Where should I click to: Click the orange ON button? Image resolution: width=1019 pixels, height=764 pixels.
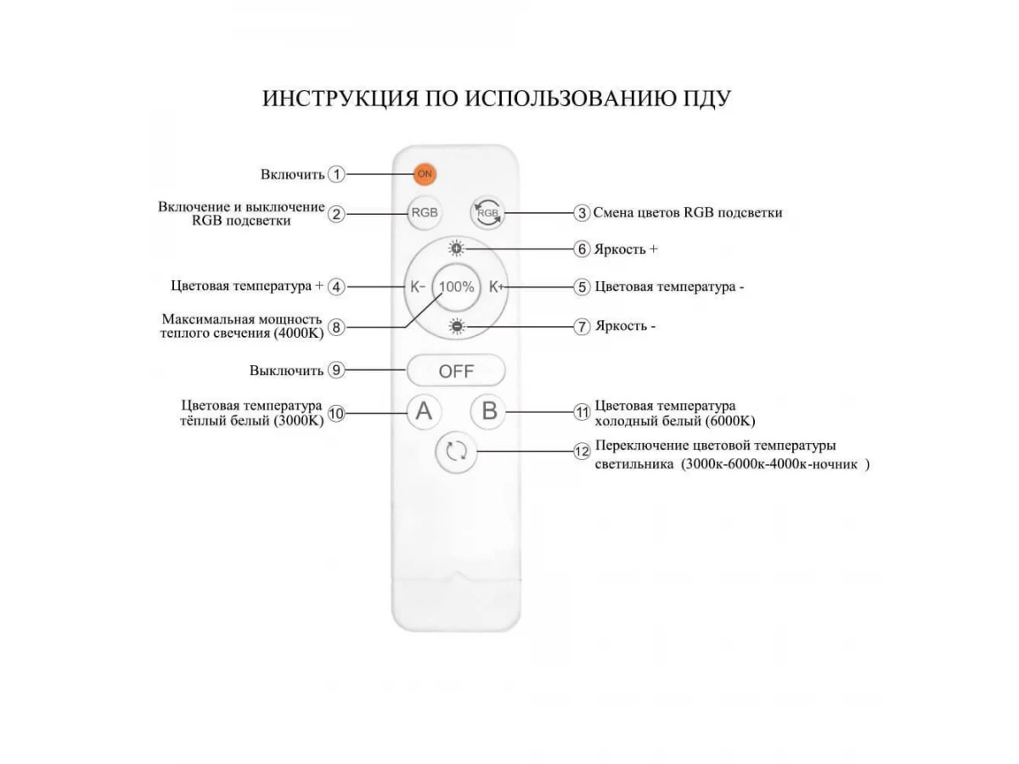click(425, 174)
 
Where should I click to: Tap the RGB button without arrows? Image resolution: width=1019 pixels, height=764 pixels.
click(424, 212)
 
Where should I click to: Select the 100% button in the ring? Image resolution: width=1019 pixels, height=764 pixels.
click(457, 287)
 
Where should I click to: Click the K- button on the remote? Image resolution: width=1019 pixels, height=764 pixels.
click(417, 287)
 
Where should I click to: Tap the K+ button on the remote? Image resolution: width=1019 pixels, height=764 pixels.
click(496, 287)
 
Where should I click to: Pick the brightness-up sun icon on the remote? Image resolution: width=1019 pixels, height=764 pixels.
click(457, 249)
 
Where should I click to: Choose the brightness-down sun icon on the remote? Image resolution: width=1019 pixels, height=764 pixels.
click(457, 326)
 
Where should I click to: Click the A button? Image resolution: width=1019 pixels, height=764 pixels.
click(424, 412)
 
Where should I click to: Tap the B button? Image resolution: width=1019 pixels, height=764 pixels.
click(489, 412)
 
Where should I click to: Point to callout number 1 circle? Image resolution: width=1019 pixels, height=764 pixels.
click(337, 174)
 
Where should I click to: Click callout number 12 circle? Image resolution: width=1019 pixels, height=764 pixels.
click(582, 452)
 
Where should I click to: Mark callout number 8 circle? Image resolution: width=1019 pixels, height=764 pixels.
click(337, 326)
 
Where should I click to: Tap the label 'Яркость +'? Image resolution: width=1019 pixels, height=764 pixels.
click(626, 250)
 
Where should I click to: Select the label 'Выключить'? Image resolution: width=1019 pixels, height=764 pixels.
click(286, 371)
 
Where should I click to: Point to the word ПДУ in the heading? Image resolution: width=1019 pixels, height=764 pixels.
click(702, 98)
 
